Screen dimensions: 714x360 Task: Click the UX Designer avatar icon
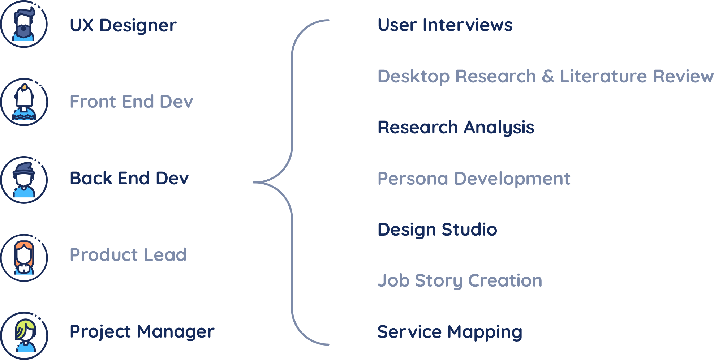(24, 24)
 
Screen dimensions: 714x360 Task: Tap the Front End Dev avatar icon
(24, 102)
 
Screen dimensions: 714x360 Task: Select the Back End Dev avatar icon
(24, 180)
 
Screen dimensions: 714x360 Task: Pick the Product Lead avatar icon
(24, 257)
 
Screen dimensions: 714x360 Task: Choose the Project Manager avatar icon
(24, 335)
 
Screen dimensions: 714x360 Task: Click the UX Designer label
(123, 25)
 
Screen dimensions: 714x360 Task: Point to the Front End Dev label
(131, 102)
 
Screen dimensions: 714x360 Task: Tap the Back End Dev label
(129, 178)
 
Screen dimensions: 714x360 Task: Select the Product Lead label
(128, 255)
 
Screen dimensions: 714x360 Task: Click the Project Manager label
(142, 331)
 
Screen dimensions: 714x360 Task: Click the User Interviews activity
(445, 25)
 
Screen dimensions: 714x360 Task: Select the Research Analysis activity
(456, 128)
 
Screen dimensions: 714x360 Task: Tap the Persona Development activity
(474, 179)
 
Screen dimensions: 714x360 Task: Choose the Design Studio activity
(437, 230)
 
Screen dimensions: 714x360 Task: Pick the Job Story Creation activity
(460, 281)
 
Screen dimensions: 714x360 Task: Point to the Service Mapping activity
(450, 332)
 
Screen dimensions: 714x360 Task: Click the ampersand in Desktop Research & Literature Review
(548, 76)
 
